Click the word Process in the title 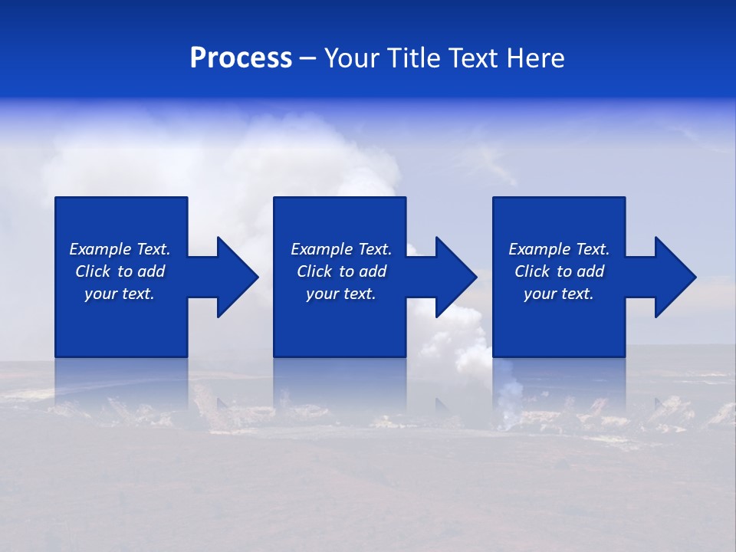coord(241,58)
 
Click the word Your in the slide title coord(351,58)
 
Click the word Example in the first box coord(100,249)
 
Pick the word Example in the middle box coord(321,249)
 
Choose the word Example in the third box coord(539,249)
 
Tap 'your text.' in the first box coord(120,294)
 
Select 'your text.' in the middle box coord(341,294)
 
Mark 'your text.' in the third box coord(559,294)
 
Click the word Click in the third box coord(532,271)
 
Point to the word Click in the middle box coord(314,271)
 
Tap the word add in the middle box coord(372,271)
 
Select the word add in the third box coord(590,271)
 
